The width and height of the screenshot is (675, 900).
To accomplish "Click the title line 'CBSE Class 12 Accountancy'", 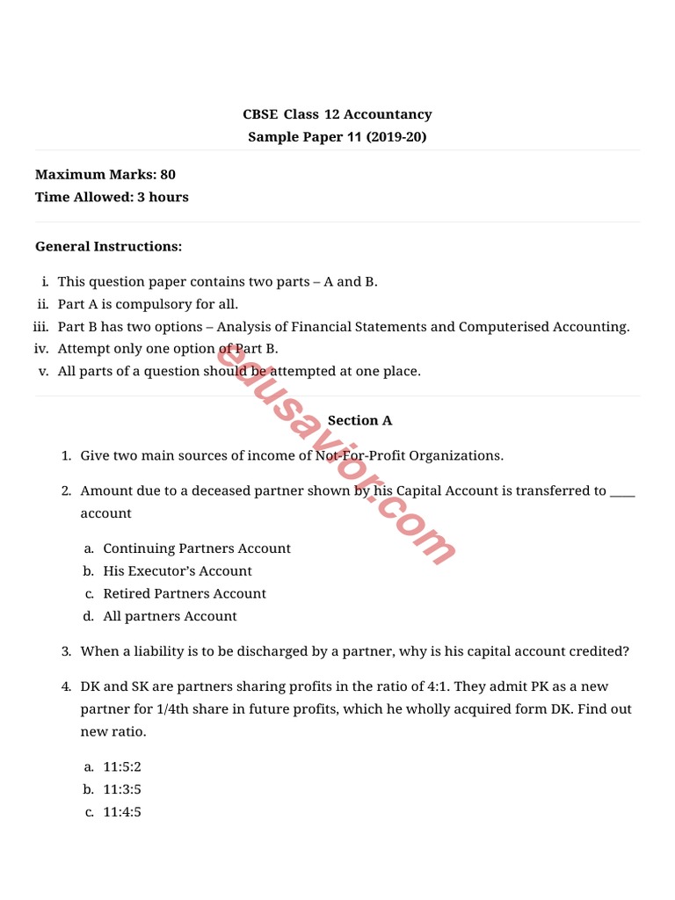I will [337, 114].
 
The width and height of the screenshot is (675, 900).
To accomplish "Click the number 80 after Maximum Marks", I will [167, 175].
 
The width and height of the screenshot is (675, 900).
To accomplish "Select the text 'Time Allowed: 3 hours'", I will [112, 197].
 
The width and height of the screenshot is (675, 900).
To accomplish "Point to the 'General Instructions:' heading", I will [108, 246].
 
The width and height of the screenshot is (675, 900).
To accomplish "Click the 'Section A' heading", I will [359, 420].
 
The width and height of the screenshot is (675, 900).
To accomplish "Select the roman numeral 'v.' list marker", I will [43, 371].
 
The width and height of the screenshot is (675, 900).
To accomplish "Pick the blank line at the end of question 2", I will [621, 490].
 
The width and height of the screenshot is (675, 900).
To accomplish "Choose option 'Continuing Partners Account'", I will [196, 548].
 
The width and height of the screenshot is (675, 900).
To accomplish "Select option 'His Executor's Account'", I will [177, 570].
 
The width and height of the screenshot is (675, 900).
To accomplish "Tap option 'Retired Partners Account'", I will [184, 593].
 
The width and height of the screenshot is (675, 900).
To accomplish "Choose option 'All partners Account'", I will [170, 616].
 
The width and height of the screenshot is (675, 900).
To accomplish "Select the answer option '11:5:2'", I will [121, 766].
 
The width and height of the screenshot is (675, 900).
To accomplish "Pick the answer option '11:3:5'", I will [121, 789].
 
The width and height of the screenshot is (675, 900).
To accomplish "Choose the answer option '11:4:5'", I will [121, 812].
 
